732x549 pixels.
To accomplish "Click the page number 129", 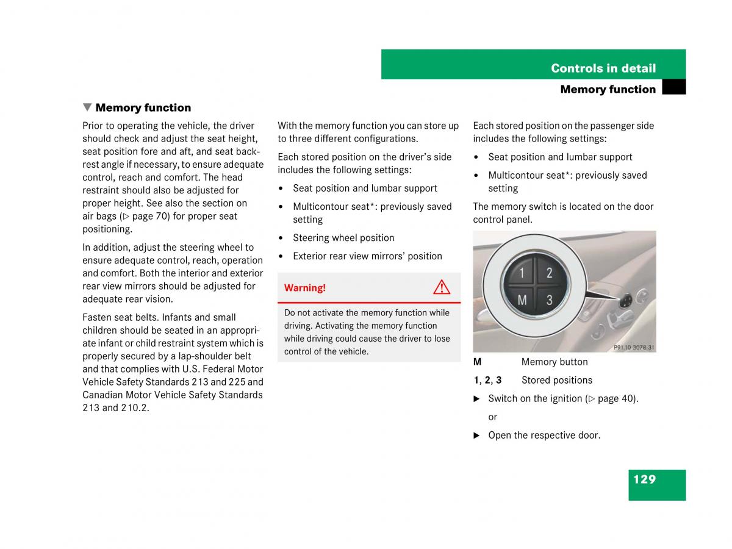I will (x=644, y=479).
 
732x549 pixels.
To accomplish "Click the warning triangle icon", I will (x=442, y=287).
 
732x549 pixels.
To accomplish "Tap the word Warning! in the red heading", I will (x=305, y=288).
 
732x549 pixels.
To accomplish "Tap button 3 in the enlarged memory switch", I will (x=549, y=300).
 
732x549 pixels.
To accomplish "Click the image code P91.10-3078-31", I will (x=634, y=348).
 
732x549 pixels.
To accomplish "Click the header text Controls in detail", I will (x=603, y=68).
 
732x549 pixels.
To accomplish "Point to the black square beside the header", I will (x=673, y=88).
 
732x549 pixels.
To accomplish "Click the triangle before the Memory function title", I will (x=87, y=107).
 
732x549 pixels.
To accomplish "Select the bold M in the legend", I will (x=478, y=362).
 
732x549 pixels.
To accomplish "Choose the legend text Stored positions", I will (x=556, y=380).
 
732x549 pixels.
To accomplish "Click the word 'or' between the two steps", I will (x=493, y=417).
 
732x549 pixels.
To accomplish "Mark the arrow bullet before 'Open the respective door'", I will (x=477, y=436).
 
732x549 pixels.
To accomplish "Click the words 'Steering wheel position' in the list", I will (x=343, y=238).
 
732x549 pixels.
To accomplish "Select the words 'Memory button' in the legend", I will (x=554, y=362).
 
